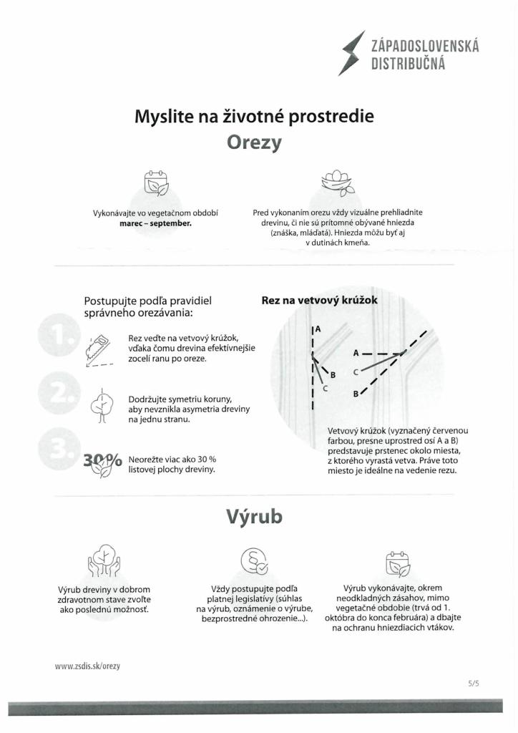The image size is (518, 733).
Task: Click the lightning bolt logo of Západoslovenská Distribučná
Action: click(351, 53)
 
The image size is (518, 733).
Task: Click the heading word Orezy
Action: click(254, 142)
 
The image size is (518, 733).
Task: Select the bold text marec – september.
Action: click(155, 223)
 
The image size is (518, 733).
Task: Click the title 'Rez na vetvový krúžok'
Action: click(319, 301)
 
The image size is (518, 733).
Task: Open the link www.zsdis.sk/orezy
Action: click(87, 666)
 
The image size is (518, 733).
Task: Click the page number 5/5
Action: click(473, 684)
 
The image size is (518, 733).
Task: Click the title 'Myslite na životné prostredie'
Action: click(254, 115)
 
